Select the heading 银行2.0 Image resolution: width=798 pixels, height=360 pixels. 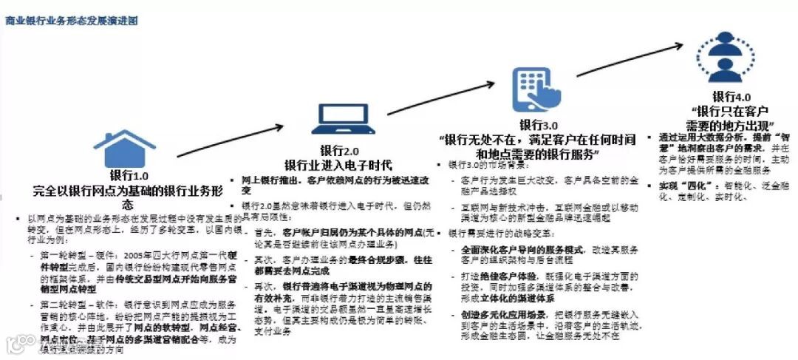(339, 150)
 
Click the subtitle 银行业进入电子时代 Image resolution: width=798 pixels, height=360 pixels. (338, 164)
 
